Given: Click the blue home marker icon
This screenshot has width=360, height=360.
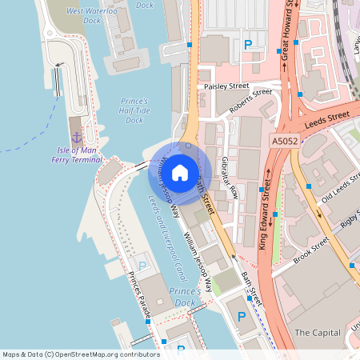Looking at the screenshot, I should click(180, 172).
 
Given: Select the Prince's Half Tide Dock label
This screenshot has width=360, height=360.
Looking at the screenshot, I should click(135, 111).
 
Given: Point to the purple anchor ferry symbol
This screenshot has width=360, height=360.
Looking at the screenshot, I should click(77, 137).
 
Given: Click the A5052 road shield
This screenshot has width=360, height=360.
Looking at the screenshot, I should click(283, 141).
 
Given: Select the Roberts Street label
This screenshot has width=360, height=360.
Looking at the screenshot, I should click(250, 102).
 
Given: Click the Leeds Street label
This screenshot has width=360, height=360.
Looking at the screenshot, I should click(328, 118).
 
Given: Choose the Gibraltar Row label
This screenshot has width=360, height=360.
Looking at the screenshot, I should click(230, 175).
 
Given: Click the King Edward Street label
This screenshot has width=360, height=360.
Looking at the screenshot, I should click(265, 214).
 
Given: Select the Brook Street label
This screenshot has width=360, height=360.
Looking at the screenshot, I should click(311, 249).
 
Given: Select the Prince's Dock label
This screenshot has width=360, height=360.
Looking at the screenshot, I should click(185, 297).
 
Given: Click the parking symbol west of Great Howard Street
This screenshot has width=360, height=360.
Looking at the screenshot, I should click(247, 45).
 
